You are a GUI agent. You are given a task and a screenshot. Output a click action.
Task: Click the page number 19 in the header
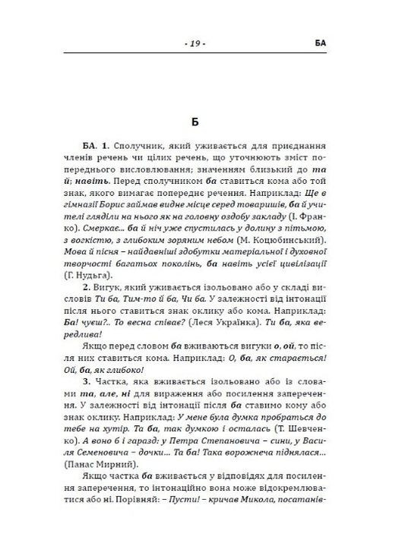(x=195, y=44)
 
